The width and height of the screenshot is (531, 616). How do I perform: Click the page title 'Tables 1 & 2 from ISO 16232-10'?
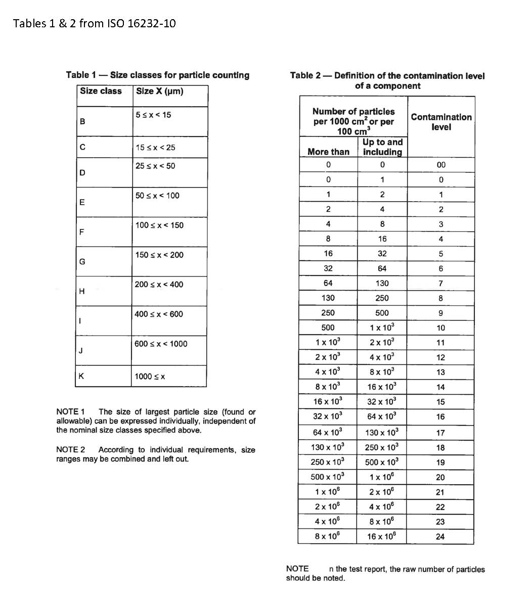tap(95, 23)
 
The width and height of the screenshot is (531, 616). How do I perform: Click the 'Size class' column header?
tap(101, 91)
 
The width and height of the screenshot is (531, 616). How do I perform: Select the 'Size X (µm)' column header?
tap(159, 91)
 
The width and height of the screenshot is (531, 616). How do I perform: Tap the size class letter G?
tap(82, 262)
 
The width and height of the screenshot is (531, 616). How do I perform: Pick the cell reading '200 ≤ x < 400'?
tap(159, 285)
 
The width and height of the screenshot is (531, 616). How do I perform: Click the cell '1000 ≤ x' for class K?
tap(150, 376)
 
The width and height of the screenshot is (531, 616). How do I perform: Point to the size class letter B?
tap(82, 122)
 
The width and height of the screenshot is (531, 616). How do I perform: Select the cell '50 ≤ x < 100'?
tap(157, 196)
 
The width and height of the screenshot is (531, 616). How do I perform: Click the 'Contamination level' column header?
tap(441, 122)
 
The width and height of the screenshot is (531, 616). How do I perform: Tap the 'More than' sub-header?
tap(328, 152)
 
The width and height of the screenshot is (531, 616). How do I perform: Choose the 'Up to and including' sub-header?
tap(382, 147)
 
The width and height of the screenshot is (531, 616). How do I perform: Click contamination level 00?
tap(441, 165)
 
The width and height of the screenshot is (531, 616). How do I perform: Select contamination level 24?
tap(440, 537)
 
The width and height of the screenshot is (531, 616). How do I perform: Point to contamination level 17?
tap(440, 433)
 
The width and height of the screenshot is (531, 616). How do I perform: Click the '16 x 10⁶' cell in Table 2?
tap(382, 536)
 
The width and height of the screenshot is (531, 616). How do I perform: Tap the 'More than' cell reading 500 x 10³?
tap(328, 477)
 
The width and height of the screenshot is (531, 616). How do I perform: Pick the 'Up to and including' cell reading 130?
tap(382, 283)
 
